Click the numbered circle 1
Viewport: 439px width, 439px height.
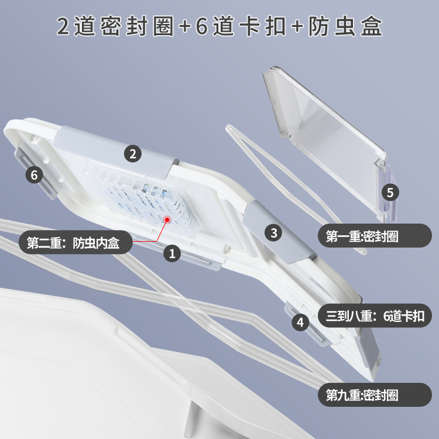point(172,253)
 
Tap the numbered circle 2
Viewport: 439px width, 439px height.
point(133,154)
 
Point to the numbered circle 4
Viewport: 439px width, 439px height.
point(300,321)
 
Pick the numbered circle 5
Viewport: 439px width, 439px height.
point(391,191)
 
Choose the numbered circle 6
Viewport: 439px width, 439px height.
point(34,174)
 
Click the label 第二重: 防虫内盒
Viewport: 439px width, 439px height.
point(73,243)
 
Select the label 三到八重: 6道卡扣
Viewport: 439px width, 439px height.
point(375,317)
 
